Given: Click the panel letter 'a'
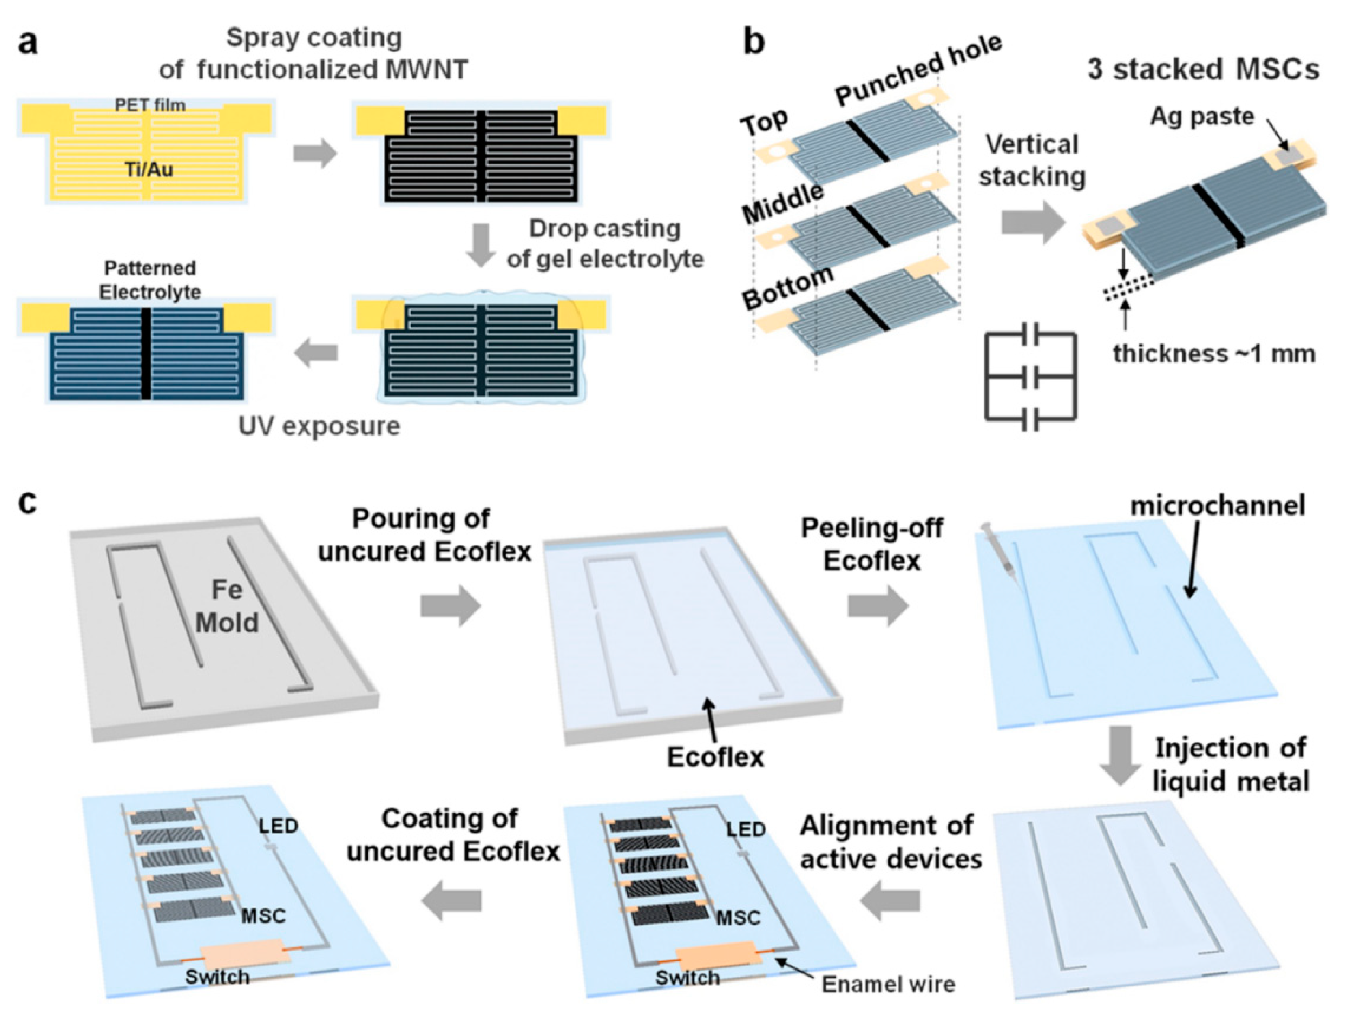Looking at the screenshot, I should coord(27,43).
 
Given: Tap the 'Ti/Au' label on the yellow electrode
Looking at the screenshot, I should coord(149,169).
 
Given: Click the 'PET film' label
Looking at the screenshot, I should coord(150,105).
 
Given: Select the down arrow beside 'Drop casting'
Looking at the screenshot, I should coord(481,245).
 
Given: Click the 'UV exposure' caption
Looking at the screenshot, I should coord(319,426).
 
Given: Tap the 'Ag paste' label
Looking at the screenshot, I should coord(1202,116).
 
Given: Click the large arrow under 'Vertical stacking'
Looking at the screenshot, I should coord(1032,223).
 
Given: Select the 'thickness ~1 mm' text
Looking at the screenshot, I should coord(1214,354).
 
